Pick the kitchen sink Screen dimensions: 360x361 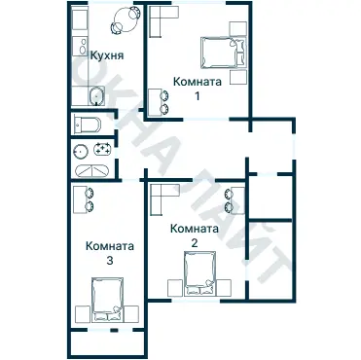click(x=93, y=94)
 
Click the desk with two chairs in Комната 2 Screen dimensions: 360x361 click(x=235, y=198)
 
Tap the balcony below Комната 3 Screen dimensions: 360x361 click(x=107, y=343)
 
